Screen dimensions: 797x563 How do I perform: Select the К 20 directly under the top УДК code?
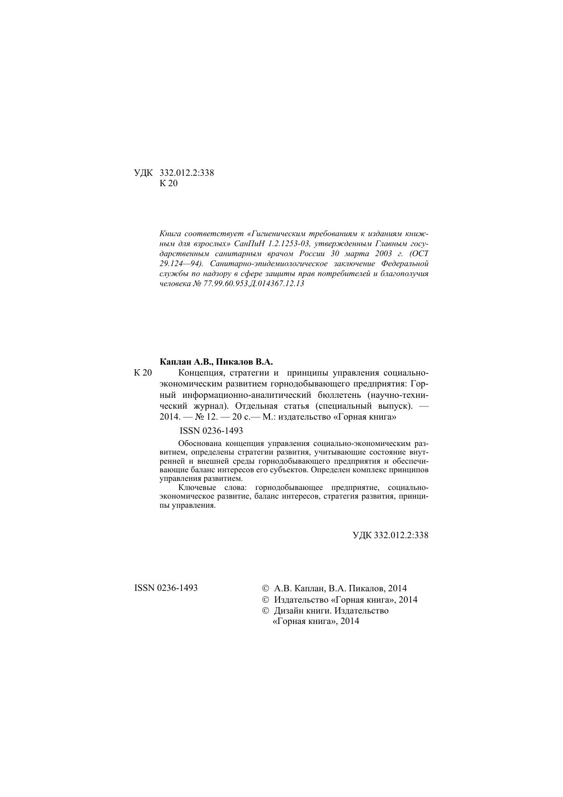click(169, 184)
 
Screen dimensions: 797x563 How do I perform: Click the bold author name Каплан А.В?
click(186, 362)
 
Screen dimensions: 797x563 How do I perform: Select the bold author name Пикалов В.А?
click(244, 362)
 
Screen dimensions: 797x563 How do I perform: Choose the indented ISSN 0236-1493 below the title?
click(211, 431)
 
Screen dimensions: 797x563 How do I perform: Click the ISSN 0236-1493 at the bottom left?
click(166, 588)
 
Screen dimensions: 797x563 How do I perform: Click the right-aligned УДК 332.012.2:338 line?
click(390, 535)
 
